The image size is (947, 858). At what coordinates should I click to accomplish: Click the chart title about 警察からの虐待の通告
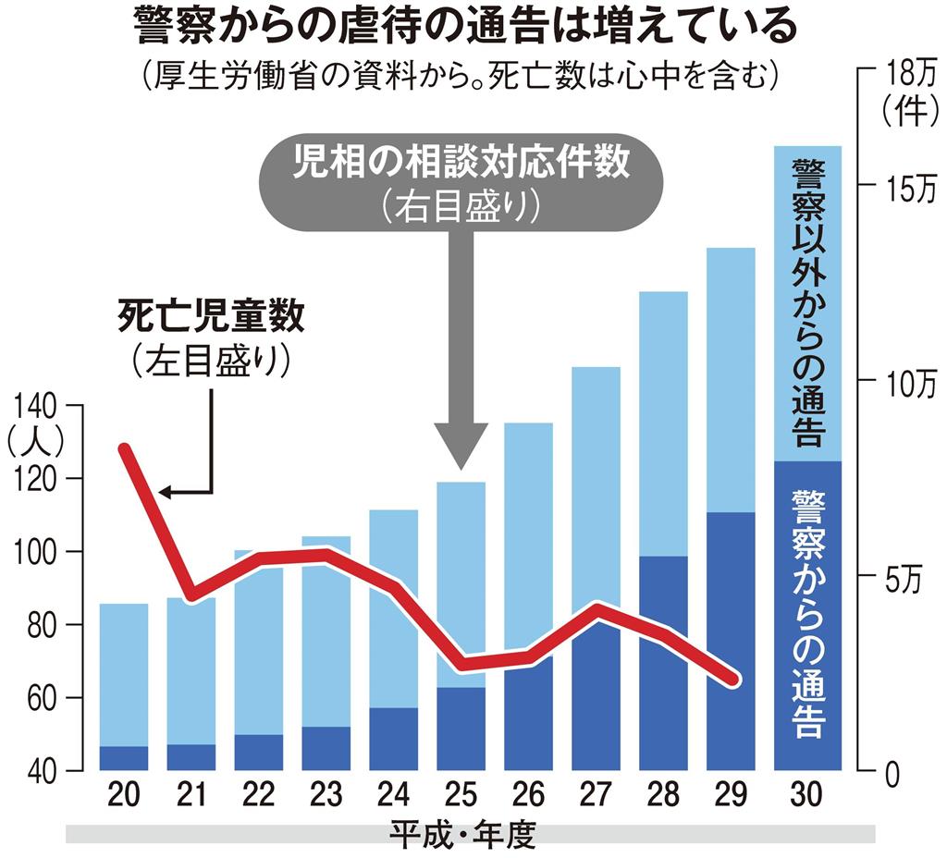[x=464, y=28]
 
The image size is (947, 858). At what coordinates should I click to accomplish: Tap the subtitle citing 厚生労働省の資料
[x=457, y=74]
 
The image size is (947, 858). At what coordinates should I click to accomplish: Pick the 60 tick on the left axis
[x=37, y=698]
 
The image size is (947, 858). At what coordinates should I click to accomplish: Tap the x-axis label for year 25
[x=461, y=794]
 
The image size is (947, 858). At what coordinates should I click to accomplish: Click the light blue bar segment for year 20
[x=123, y=675]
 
